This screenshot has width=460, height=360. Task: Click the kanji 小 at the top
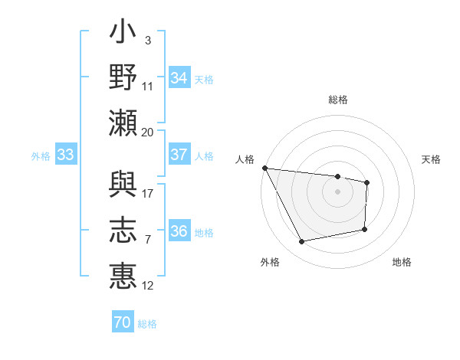(123, 35)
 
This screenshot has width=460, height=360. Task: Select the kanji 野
(123, 78)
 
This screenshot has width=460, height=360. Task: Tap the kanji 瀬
(123, 123)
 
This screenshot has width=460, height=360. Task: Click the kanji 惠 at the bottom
(123, 276)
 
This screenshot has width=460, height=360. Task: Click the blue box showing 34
(179, 77)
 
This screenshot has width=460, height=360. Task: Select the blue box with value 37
(179, 155)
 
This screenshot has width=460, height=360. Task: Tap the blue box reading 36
(179, 232)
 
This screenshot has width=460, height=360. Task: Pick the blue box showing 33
(65, 155)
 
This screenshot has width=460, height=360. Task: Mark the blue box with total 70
(123, 322)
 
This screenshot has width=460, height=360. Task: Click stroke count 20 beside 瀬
(148, 132)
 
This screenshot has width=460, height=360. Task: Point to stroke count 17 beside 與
(148, 193)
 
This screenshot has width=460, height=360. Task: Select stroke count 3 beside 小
(147, 40)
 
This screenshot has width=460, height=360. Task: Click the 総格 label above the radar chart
(338, 100)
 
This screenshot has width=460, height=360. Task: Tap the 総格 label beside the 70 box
(147, 324)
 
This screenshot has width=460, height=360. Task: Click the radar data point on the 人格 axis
(264, 168)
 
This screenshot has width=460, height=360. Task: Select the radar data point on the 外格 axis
(302, 242)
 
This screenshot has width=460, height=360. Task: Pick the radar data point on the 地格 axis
(365, 229)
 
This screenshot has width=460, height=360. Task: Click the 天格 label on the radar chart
(432, 159)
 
